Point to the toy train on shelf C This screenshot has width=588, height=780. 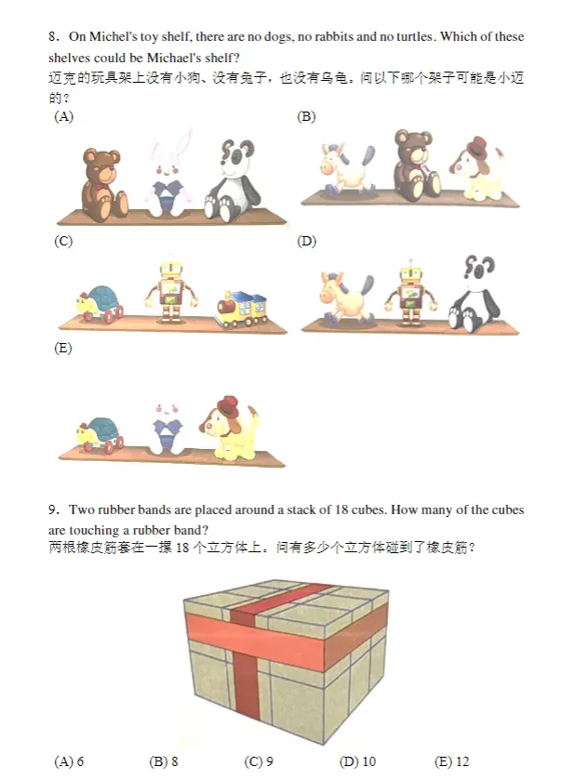click(241, 310)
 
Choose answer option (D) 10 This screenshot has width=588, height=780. click(358, 761)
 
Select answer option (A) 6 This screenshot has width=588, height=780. click(70, 761)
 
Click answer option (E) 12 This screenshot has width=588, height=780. click(452, 761)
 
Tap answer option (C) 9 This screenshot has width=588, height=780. click(259, 761)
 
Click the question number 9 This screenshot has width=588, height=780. click(53, 509)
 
